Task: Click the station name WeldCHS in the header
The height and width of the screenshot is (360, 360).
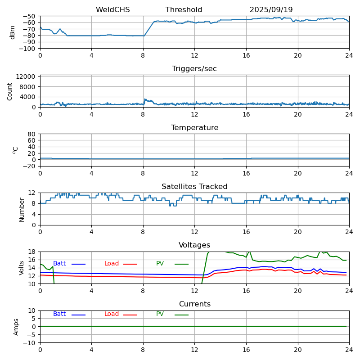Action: pos(112,10)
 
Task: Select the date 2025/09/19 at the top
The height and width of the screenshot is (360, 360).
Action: pos(271,10)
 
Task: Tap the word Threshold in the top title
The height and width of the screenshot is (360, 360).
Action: pos(184,10)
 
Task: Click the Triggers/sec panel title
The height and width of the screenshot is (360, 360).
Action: pos(194,69)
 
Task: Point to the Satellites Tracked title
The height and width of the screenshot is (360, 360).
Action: pos(194,187)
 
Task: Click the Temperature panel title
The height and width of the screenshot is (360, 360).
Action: pos(194,128)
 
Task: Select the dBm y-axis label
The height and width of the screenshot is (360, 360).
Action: pos(13,32)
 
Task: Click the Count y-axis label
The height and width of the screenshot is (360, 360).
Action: pos(10,91)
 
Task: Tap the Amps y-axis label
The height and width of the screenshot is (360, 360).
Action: pos(16,327)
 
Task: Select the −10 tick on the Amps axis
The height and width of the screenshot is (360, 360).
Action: pos(30,343)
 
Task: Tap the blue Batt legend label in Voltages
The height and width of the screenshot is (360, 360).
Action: pos(59,264)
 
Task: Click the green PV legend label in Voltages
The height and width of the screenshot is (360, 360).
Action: pos(160,264)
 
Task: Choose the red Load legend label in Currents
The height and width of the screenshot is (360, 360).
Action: pos(112,314)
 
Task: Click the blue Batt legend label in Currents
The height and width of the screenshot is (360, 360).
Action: pos(59,314)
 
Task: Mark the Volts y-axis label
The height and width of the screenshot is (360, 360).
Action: pos(22,268)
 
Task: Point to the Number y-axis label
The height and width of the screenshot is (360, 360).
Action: pos(22,209)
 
